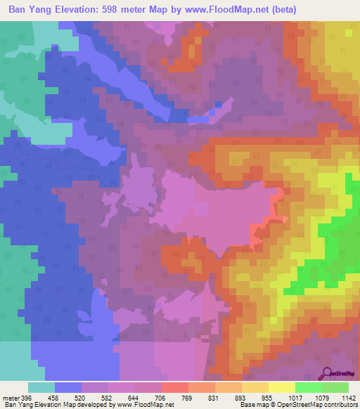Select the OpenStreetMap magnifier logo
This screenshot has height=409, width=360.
coord(328,375)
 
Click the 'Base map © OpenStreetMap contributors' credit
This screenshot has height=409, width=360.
coord(298,405)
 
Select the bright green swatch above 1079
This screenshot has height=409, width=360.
coord(309,387)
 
